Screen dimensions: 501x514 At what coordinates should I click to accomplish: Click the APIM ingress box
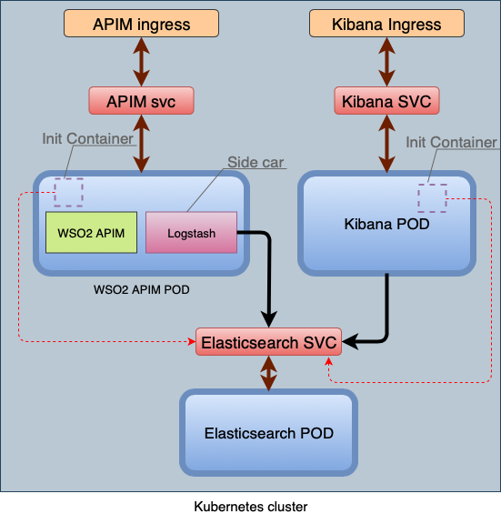(x=141, y=24)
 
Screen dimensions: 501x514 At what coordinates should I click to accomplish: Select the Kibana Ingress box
(x=386, y=24)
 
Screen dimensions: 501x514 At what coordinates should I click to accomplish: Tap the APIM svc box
(x=141, y=101)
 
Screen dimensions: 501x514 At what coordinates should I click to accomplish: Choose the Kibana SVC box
(x=386, y=101)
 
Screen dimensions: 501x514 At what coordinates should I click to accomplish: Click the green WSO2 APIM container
(x=91, y=232)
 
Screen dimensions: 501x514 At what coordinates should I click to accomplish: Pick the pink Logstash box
(x=191, y=232)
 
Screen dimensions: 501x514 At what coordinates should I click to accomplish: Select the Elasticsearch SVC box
(x=269, y=341)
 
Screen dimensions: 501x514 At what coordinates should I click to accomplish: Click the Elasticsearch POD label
(x=269, y=433)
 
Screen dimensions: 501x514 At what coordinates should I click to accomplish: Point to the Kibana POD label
(x=386, y=224)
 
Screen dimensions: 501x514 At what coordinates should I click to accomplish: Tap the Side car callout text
(x=256, y=162)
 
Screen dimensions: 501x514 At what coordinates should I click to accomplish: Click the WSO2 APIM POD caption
(x=142, y=290)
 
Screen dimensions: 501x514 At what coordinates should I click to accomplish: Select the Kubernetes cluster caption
(x=251, y=507)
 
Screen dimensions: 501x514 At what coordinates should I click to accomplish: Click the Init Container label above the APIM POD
(x=88, y=138)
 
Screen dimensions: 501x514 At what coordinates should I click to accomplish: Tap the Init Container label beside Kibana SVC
(x=452, y=142)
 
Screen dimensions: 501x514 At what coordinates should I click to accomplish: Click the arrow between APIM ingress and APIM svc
(x=141, y=62)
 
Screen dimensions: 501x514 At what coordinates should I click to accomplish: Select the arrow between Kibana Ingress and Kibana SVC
(x=386, y=62)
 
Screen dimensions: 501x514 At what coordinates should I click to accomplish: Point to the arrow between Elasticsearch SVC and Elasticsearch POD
(x=269, y=373)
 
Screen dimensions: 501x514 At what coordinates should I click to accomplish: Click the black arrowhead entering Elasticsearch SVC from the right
(x=350, y=341)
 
